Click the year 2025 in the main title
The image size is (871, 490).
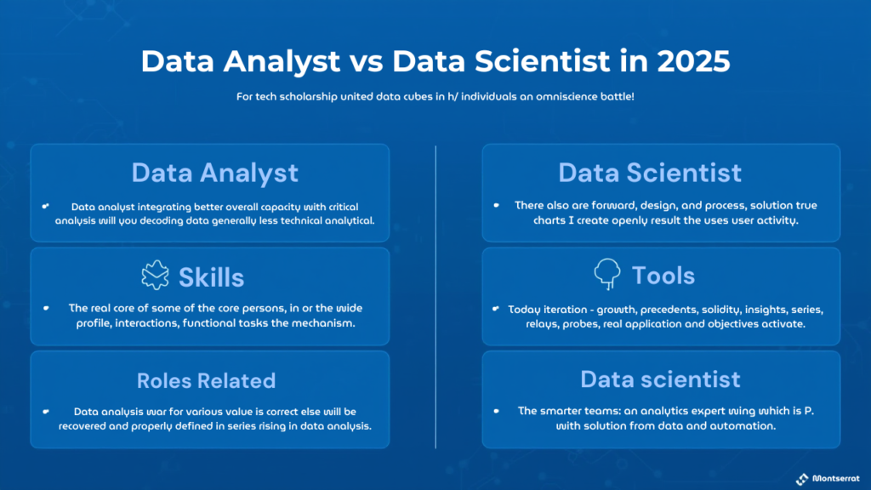693,61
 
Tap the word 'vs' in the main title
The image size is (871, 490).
366,62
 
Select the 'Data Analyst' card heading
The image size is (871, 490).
215,174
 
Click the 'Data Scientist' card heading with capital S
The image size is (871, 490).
649,173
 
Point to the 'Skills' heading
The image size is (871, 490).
211,277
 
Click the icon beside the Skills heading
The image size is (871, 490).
155,275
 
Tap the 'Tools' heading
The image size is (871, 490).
663,276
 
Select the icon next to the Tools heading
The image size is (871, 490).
607,272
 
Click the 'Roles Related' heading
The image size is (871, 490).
206,380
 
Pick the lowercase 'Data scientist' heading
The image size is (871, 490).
660,379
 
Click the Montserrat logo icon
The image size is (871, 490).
802,479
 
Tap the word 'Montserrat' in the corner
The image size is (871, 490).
835,478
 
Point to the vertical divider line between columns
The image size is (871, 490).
435,297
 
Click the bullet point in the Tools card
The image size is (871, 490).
496,309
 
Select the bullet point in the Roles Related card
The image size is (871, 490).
46,412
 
